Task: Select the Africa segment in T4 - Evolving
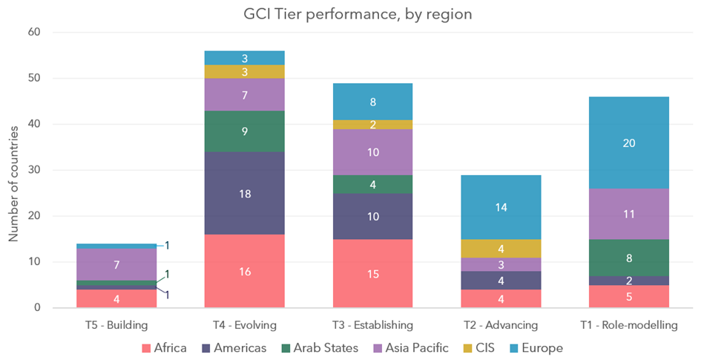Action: point(244,271)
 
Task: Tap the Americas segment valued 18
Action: point(244,193)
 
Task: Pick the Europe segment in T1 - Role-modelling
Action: point(628,143)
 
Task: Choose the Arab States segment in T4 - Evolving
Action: point(244,131)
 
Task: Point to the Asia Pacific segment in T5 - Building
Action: point(116,264)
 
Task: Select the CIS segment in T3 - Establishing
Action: point(372,125)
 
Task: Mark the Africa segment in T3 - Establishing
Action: point(372,273)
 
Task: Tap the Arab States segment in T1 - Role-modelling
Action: point(628,258)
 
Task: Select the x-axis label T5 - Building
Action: point(116,324)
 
